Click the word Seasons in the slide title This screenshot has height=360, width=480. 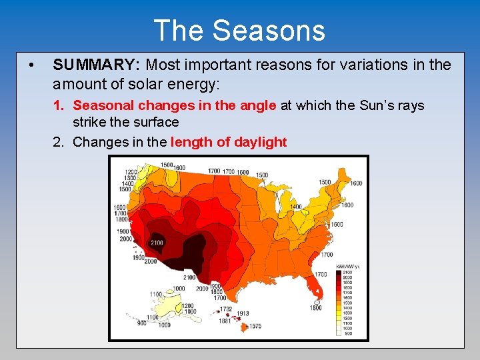tap(269, 31)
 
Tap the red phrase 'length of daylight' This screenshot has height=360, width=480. tap(229, 142)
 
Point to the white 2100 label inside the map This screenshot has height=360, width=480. tap(157, 242)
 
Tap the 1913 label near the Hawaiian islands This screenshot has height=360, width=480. tap(242, 313)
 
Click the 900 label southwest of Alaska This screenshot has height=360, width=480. tap(141, 323)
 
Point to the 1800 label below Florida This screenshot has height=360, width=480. tap(315, 307)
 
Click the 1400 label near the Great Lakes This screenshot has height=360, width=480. tap(295, 207)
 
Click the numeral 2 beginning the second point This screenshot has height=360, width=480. tap(57, 142)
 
